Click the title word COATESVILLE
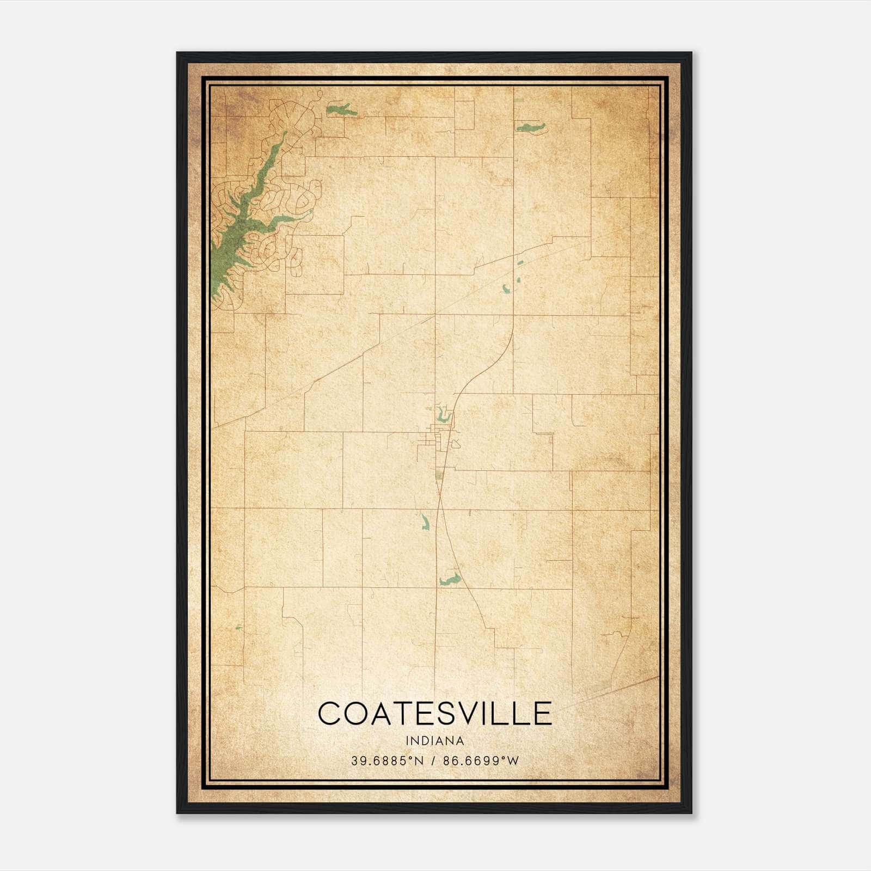434,713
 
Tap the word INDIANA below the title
434,741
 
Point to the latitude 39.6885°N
387,760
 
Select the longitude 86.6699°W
481,760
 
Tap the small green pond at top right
530,128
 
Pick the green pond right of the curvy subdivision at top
341,111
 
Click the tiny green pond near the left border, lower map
238,628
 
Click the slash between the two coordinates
433,760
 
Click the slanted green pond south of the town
425,522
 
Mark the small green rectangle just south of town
439,475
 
